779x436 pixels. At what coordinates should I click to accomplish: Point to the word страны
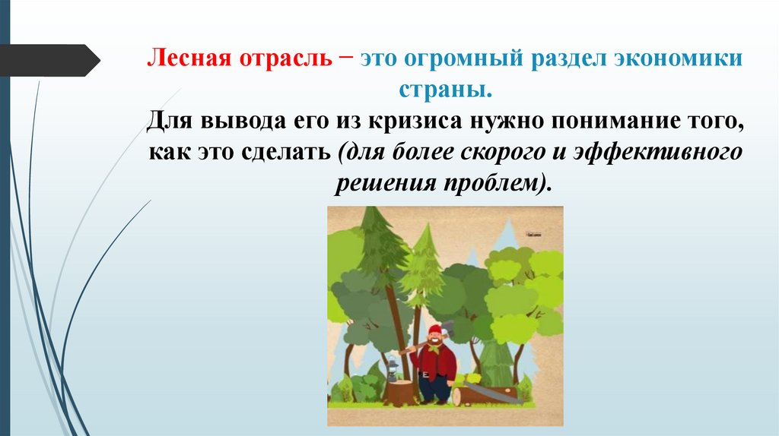pyautogui.click(x=445, y=90)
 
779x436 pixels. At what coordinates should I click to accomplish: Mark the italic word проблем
pyautogui.click(x=501, y=183)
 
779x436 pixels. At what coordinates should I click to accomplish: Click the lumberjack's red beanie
pyautogui.click(x=434, y=329)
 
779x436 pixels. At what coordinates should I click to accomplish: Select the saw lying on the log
pyautogui.click(x=491, y=390)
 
